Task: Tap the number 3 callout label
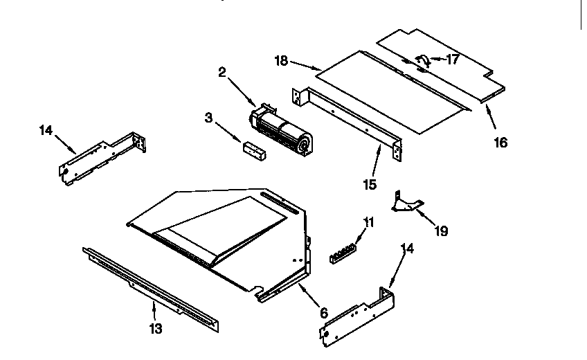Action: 208,118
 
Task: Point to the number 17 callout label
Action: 452,60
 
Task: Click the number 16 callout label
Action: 500,143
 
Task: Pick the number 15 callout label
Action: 370,184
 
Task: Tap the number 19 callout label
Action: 440,231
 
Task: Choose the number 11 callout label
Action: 368,222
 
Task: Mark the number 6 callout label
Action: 323,312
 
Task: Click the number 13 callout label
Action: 156,329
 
